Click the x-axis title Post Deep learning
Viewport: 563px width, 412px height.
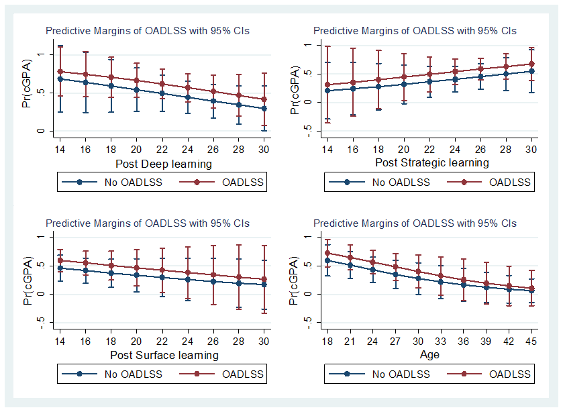[x=163, y=164]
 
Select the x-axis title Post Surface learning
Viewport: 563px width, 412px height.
[x=163, y=355]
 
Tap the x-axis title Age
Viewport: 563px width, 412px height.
[x=430, y=354]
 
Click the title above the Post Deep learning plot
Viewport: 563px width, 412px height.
[x=147, y=31]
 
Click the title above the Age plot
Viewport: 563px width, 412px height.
[x=415, y=223]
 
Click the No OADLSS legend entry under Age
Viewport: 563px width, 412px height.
[x=389, y=374]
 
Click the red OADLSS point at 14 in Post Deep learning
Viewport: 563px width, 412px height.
[x=60, y=72]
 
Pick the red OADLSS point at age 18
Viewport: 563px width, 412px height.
[x=327, y=253]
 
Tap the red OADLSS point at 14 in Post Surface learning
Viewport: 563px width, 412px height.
[x=60, y=260]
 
